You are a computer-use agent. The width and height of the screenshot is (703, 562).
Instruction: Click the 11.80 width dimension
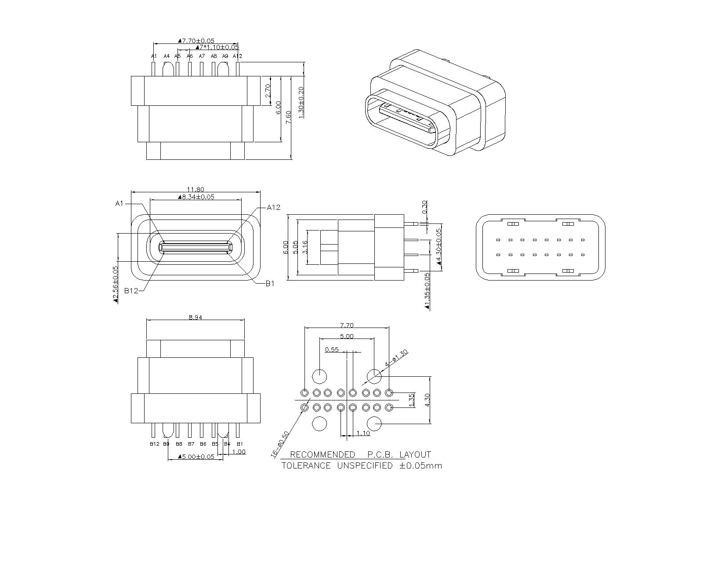tap(195, 190)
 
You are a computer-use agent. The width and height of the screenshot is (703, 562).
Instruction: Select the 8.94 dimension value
tap(195, 317)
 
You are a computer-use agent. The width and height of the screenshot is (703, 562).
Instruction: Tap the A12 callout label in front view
tap(273, 208)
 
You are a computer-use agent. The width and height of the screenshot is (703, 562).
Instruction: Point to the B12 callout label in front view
tap(131, 290)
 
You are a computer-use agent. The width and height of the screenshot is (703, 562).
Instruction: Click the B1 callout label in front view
tap(270, 284)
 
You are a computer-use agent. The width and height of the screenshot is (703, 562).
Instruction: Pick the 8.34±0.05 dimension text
tap(196, 197)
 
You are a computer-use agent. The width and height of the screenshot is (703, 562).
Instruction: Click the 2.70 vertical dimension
tap(268, 91)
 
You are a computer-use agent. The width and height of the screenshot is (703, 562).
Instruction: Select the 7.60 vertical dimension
tap(288, 118)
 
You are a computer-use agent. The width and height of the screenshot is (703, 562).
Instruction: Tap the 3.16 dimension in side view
tap(305, 247)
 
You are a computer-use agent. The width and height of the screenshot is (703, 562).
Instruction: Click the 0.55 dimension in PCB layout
tap(332, 350)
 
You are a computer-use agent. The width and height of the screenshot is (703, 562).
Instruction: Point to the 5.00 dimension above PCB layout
tap(346, 337)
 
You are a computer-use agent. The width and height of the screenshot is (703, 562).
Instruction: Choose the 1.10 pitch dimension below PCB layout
tap(363, 433)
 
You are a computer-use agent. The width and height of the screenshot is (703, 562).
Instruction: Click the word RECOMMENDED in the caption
tap(323, 455)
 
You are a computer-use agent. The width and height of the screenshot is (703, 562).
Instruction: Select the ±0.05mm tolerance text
tap(420, 466)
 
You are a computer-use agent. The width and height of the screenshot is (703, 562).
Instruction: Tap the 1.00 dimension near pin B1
tap(239, 452)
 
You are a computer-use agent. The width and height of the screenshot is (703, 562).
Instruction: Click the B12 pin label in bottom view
tap(154, 444)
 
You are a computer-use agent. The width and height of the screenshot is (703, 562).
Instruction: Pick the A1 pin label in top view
tap(154, 56)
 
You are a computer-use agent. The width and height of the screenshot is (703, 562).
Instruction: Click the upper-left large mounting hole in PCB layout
tap(319, 376)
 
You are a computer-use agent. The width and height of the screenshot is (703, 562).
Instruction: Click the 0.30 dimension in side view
tap(424, 207)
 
